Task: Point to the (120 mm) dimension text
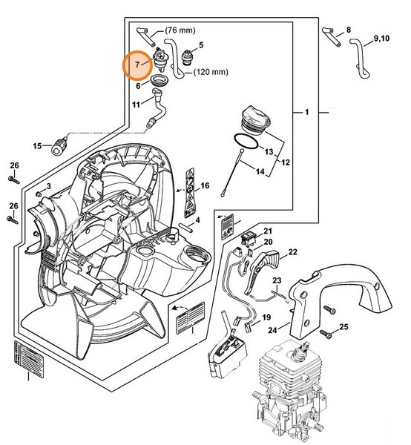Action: [211, 74]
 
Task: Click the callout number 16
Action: [205, 185]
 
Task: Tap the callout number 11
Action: [136, 105]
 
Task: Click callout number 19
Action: [265, 317]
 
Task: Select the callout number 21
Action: [266, 231]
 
